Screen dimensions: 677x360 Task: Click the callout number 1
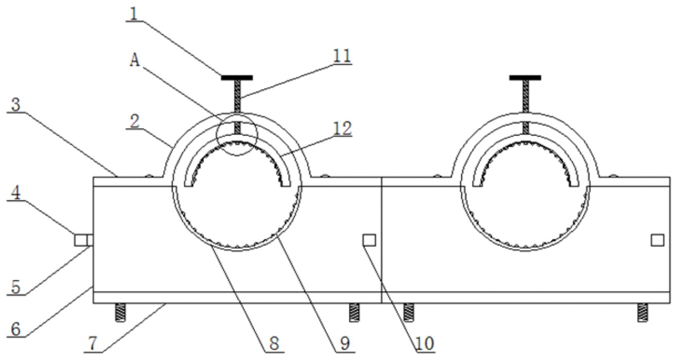[134, 13]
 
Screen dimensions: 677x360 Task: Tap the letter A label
[135, 60]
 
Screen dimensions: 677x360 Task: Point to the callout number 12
[343, 128]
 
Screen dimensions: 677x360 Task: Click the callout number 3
[16, 104]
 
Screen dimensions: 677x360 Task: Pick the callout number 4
[16, 193]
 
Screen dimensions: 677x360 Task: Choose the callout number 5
[16, 287]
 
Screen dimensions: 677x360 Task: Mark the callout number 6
[16, 329]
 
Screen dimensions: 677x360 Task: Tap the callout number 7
[93, 344]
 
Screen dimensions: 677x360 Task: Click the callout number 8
[274, 344]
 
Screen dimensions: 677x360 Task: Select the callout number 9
[345, 344]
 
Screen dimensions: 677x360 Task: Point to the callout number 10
[425, 344]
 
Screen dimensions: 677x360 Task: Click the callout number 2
[135, 122]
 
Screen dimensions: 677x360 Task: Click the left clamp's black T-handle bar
[237, 78]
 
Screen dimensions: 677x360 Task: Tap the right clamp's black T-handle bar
[525, 78]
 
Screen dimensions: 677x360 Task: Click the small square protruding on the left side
[80, 240]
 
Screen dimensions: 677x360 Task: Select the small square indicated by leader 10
[369, 240]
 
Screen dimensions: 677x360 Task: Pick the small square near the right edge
[657, 240]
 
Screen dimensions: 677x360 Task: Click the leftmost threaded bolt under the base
[120, 312]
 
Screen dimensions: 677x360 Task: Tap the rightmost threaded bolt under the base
[643, 312]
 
